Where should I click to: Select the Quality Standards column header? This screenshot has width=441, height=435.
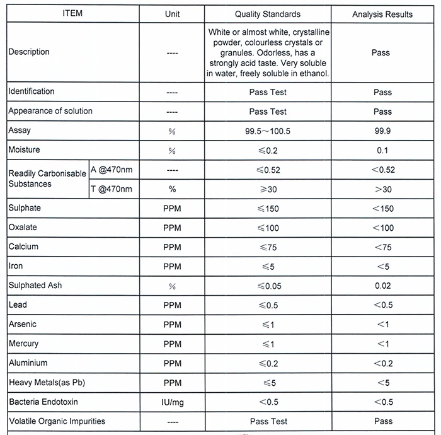point(268,14)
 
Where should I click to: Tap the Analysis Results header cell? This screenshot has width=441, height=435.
point(382,14)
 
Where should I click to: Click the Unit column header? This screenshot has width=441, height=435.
point(172,14)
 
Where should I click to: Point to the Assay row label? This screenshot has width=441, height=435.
point(19,130)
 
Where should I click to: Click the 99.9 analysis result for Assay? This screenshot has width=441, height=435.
point(382,131)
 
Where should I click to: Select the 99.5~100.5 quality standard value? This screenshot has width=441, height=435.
point(268,131)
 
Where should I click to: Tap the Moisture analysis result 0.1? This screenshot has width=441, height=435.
point(382,151)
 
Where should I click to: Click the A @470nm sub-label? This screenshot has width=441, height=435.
point(112,170)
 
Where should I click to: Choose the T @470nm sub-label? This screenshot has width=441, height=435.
point(112,188)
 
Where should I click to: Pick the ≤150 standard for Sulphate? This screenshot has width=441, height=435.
point(268,209)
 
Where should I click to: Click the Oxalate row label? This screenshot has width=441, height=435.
point(22,227)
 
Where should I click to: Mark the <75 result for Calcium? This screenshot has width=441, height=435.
point(382,247)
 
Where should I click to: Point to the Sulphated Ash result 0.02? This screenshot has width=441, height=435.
point(382,286)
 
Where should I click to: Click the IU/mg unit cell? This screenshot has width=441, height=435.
point(172,402)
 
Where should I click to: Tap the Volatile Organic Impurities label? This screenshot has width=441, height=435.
point(57,421)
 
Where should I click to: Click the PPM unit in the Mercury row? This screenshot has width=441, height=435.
point(172,344)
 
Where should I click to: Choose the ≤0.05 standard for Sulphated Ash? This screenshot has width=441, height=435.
point(268,286)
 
